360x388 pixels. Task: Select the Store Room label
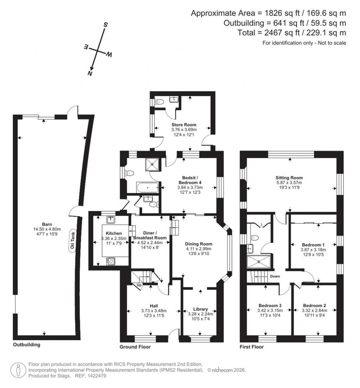[184, 125]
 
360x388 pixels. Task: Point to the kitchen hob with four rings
[110, 261]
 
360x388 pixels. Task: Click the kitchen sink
[111, 220]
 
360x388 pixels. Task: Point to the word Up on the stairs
[139, 285]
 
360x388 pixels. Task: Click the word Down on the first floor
[275, 276]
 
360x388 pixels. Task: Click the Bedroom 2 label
[315, 305]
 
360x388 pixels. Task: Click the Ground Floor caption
[135, 347]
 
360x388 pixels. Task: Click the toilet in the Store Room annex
[160, 102]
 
